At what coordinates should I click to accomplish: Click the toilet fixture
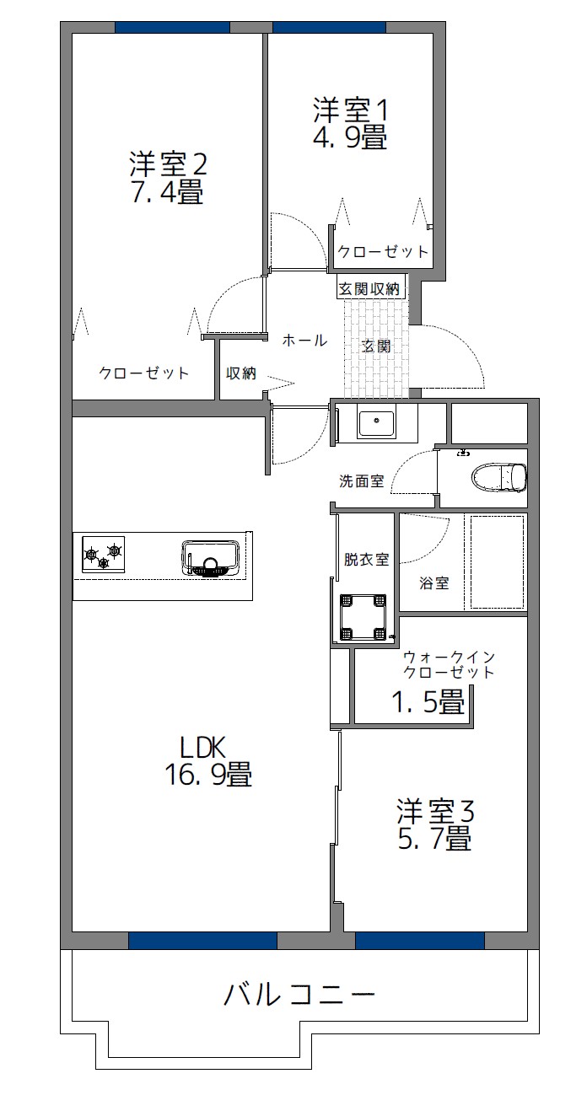click(x=499, y=476)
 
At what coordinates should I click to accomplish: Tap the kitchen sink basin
click(x=211, y=558)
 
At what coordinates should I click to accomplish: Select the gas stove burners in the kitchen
click(x=103, y=555)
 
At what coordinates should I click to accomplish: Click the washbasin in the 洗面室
click(x=376, y=424)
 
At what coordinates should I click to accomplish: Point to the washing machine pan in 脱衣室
click(x=364, y=617)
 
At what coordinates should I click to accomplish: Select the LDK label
click(x=202, y=748)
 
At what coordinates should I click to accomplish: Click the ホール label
click(x=304, y=341)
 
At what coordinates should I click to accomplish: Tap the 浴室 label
click(x=434, y=582)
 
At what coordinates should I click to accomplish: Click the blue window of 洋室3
click(x=420, y=940)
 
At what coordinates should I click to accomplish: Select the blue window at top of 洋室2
click(x=172, y=27)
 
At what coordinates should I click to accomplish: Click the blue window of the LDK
click(x=202, y=940)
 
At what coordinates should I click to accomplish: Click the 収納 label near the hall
click(x=241, y=373)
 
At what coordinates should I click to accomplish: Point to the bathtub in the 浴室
click(x=497, y=561)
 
